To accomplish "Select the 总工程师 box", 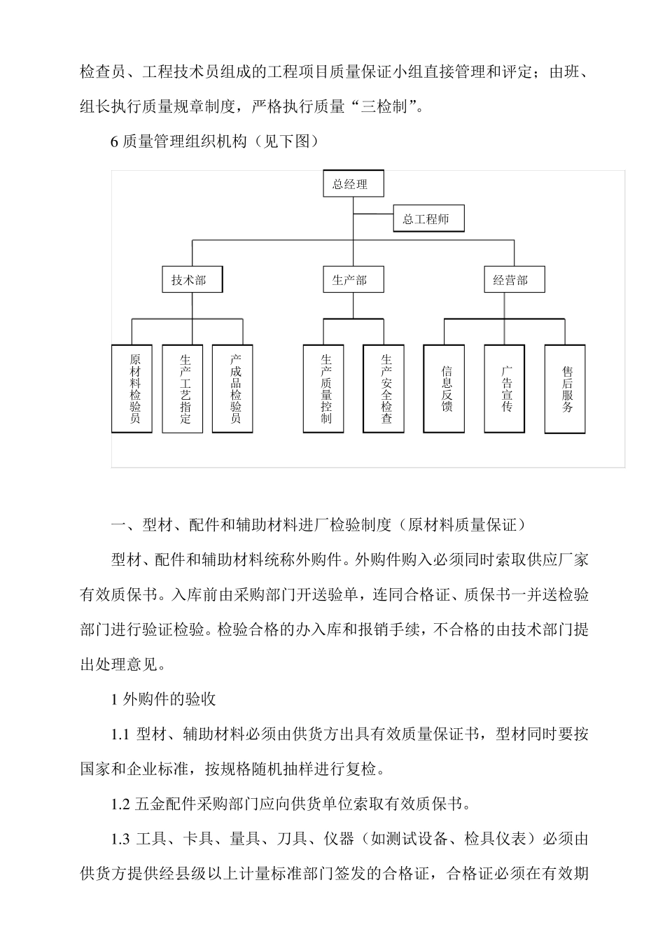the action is (x=428, y=219).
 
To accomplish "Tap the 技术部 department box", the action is (x=188, y=280).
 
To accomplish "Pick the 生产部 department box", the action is (x=349, y=280).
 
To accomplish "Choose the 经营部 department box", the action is (x=510, y=280).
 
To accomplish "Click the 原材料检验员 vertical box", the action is (x=132, y=389).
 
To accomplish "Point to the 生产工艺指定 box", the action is (x=183, y=389).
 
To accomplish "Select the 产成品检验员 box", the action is (x=233, y=389).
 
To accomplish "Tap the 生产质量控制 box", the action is (x=323, y=389).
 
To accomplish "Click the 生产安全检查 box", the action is (x=384, y=389).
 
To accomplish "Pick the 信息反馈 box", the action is (x=444, y=389).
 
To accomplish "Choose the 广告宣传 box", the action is (x=504, y=389).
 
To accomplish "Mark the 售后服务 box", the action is (x=565, y=389).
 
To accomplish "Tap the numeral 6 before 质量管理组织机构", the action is (x=115, y=142).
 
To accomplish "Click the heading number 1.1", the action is (x=120, y=734).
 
